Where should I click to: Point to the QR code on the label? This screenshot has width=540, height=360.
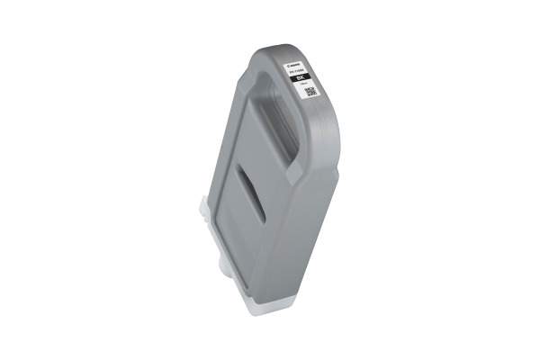pos(310,92)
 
